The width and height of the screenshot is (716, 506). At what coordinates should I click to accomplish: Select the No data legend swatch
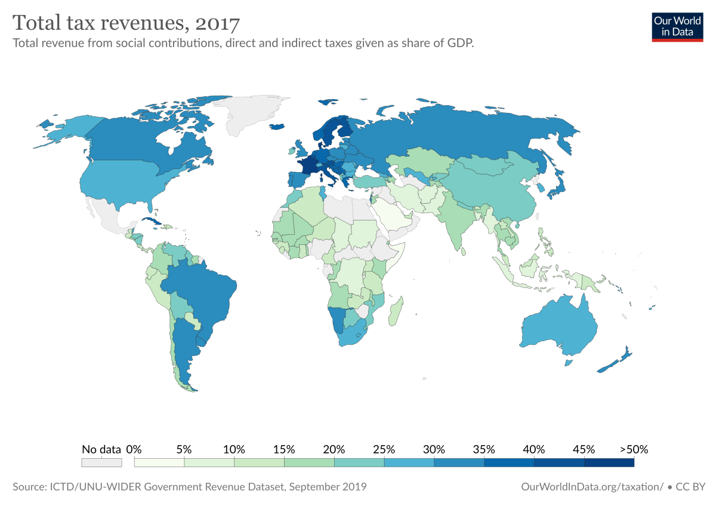(101, 462)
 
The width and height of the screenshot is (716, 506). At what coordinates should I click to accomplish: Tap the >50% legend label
(634, 449)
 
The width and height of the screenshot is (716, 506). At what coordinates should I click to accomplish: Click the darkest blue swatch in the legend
(609, 462)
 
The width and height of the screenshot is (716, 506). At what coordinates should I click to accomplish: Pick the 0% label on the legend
(134, 449)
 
